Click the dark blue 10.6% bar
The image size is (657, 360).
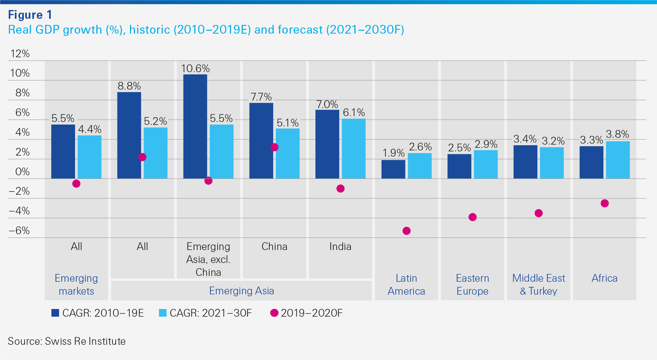tap(195, 126)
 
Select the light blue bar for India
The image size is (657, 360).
tap(353, 148)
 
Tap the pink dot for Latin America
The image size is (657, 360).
tap(406, 231)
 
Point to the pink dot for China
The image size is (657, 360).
tap(274, 147)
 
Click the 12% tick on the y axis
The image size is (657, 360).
tap(20, 54)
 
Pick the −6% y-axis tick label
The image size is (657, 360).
tap(19, 231)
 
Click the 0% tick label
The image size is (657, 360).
tap(22, 171)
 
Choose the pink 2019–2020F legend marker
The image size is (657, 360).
tap(274, 313)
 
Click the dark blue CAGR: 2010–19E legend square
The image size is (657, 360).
tap(55, 313)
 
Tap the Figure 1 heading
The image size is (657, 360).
tap(30, 15)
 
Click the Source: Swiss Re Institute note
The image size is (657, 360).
tap(67, 341)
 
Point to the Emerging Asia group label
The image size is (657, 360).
tap(242, 291)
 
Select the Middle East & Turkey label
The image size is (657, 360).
tap(538, 285)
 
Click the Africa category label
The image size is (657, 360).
tap(604, 278)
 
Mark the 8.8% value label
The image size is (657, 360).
tap(129, 86)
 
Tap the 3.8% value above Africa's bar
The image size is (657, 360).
tap(617, 134)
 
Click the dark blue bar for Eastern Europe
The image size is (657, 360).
tap(459, 166)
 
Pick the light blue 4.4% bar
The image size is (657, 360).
tap(90, 157)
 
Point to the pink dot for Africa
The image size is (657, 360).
tap(605, 203)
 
